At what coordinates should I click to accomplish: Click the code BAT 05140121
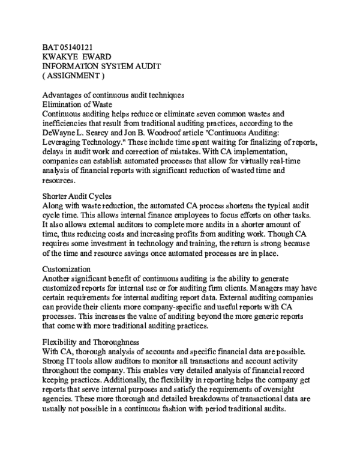point(67,47)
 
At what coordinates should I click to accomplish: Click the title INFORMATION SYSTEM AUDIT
point(101,66)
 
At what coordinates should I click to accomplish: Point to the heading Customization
point(67,269)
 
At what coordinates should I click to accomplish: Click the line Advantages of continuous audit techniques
point(113,95)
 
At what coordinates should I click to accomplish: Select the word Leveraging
point(62,142)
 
